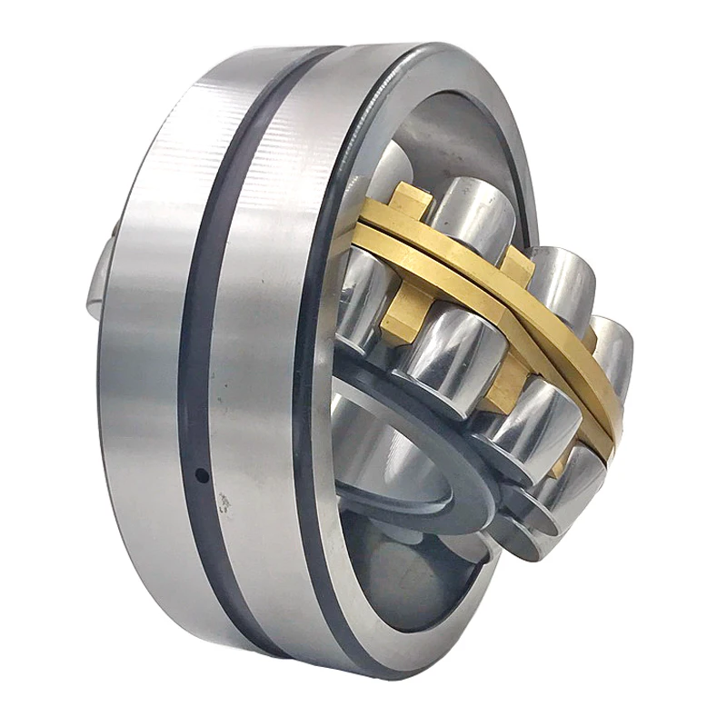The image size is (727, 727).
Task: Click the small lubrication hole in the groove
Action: [x=203, y=475]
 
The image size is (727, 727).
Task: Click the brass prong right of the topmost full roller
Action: [x=518, y=264]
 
